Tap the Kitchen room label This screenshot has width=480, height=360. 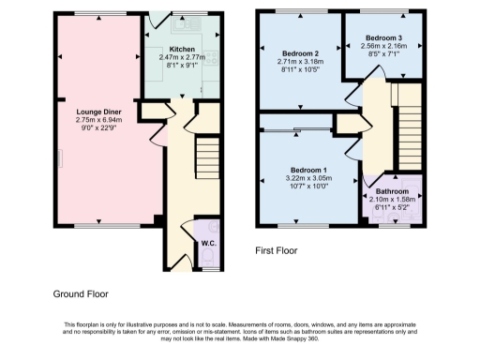coord(181,49)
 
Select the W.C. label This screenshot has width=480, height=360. coord(208,244)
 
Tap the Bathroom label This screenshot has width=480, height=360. coord(392,191)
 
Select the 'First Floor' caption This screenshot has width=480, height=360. coord(278,251)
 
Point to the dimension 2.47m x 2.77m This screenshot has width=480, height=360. coord(181,57)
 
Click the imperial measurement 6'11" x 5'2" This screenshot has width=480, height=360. coord(392,207)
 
